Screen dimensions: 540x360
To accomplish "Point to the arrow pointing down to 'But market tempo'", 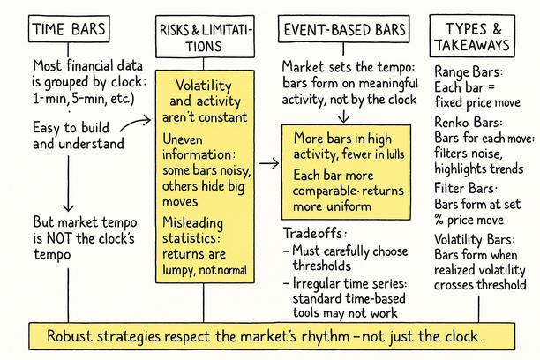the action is click(x=68, y=184).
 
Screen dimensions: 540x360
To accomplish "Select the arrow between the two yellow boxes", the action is click(x=269, y=163).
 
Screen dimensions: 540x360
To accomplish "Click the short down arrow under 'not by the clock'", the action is click(x=343, y=116).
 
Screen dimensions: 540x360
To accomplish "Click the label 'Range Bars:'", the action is click(x=469, y=72).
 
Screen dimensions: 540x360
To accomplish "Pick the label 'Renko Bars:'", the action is click(x=468, y=123).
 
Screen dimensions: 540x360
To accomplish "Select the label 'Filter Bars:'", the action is click(x=466, y=189).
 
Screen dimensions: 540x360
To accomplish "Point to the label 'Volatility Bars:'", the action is click(x=475, y=239).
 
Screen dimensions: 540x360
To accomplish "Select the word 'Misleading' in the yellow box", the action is click(x=192, y=223).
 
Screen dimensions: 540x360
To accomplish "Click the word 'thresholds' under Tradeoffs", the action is click(x=322, y=266).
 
